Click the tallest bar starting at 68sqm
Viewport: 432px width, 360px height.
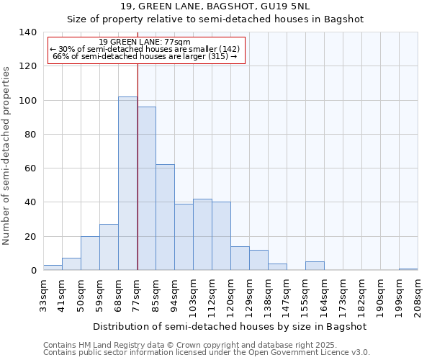(127, 184)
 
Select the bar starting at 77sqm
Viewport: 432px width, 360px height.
(146, 189)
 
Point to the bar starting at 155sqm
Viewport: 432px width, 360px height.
(315, 266)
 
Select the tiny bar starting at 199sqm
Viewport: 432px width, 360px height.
(408, 269)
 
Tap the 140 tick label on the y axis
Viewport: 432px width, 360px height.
(27, 32)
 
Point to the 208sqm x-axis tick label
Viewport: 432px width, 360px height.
(418, 296)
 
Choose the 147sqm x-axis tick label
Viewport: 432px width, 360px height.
(287, 296)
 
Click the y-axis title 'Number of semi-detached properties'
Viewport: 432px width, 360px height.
(7, 155)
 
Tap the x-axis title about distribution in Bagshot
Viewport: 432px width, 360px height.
(230, 326)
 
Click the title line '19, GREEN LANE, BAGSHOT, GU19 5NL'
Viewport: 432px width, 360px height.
(215, 7)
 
